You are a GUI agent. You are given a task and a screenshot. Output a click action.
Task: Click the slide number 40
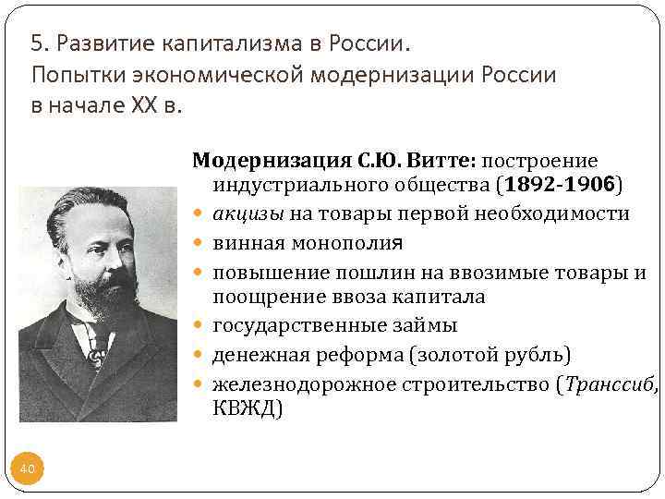tap(28, 469)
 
